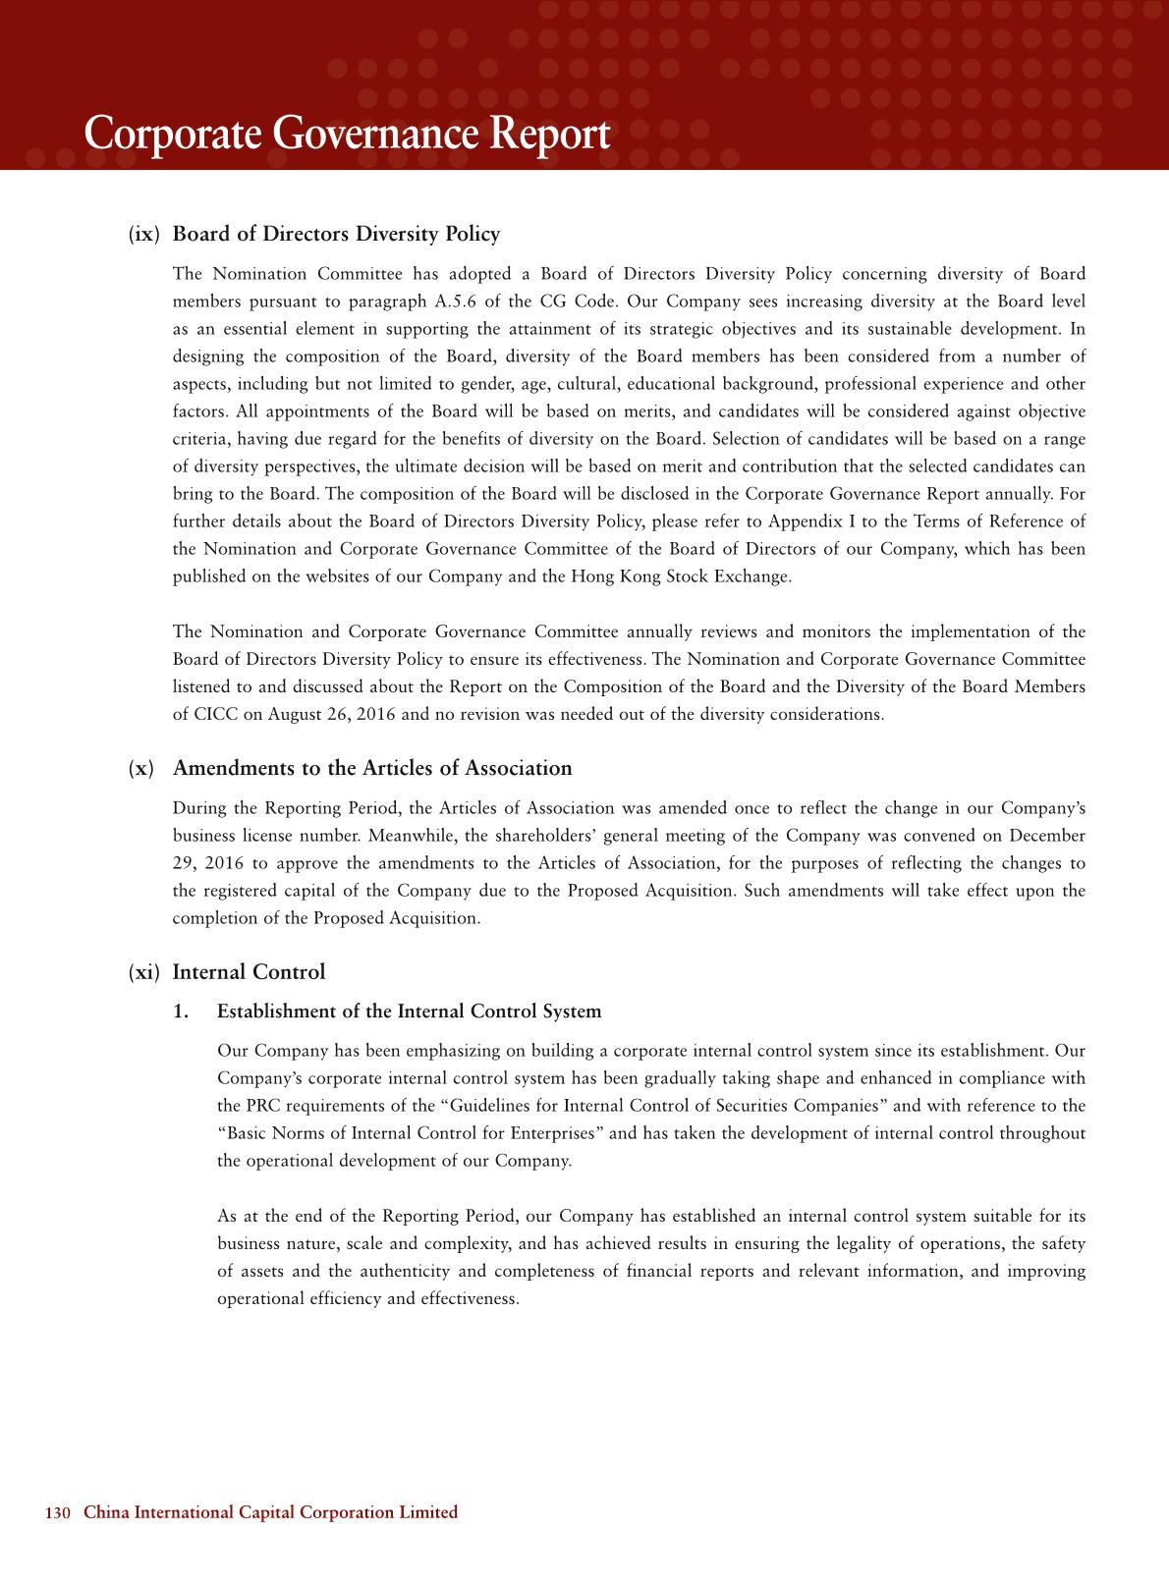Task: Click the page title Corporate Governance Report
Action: click(x=347, y=135)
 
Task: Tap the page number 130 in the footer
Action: click(x=59, y=1512)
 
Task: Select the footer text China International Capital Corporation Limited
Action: click(x=270, y=1512)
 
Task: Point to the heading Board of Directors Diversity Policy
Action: click(x=336, y=234)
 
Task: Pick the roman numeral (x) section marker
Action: click(x=141, y=768)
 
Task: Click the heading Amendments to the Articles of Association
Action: click(x=372, y=768)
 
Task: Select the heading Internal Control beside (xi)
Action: click(x=249, y=972)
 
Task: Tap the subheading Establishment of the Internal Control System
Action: click(x=409, y=1012)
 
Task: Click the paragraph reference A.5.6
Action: click(x=455, y=301)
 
